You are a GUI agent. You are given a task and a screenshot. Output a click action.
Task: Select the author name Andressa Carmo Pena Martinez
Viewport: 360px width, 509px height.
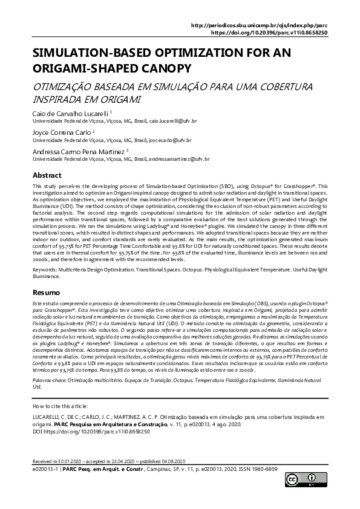pos(78,151)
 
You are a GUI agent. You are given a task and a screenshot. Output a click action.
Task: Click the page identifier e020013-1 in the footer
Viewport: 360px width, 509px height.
pos(45,469)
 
